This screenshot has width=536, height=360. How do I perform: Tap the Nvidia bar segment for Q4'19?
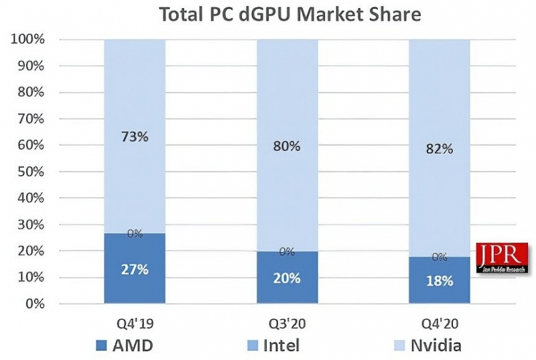pyautogui.click(x=135, y=101)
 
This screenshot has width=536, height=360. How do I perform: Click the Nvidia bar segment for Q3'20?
pyautogui.click(x=287, y=101)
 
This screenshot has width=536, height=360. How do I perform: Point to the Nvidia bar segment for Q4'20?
pyautogui.click(x=439, y=101)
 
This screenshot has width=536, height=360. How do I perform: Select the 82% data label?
pyautogui.click(x=439, y=148)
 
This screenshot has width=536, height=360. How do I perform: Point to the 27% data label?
pyautogui.click(x=135, y=269)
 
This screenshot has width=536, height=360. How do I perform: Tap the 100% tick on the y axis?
pyautogui.click(x=27, y=40)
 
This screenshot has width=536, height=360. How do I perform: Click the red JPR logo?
pyautogui.click(x=502, y=259)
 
